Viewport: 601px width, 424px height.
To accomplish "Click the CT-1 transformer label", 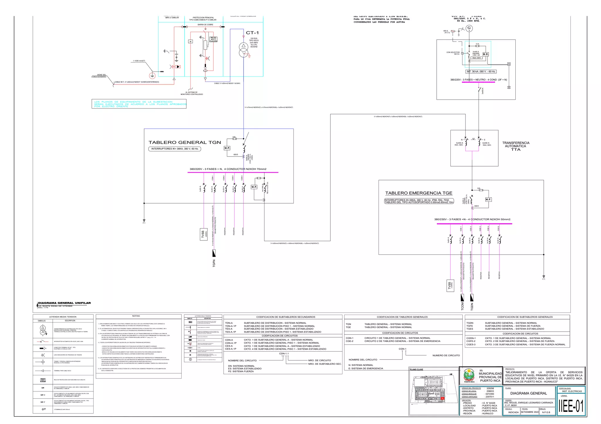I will point(252,33).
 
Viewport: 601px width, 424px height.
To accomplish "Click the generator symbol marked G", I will point(469,28).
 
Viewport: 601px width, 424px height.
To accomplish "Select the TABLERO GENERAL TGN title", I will point(185,143).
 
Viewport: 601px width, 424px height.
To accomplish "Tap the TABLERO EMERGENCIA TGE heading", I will point(418,193).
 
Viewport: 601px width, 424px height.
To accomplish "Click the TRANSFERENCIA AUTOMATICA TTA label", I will point(516,146).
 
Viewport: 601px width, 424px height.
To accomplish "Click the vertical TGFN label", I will point(214,263).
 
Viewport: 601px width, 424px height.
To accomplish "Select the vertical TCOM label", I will point(462,306).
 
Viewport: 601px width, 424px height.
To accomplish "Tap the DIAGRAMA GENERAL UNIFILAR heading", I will point(64,303).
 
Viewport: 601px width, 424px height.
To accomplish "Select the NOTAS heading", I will point(136,316).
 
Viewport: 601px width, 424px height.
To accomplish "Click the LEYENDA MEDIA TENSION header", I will point(63,317).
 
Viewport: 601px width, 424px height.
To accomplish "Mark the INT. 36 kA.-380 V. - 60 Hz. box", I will point(481,72).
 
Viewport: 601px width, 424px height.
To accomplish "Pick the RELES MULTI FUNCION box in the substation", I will point(213,39).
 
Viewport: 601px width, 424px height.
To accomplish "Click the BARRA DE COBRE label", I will point(205,25).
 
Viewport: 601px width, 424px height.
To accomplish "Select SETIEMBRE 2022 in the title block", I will point(530,412).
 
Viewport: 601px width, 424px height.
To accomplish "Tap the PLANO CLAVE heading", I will point(416,369).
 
